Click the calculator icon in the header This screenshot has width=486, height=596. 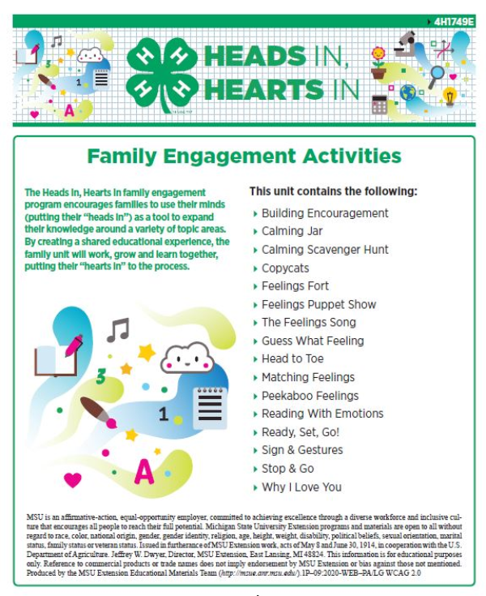tap(379, 104)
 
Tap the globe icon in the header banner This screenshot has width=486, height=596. tap(407, 93)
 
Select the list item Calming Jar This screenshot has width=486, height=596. tap(292, 231)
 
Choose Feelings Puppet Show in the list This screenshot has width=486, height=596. tap(318, 304)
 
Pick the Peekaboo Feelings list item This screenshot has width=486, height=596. tap(309, 396)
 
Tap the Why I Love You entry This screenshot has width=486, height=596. tap(301, 487)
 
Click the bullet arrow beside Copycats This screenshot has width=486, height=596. tap(255, 268)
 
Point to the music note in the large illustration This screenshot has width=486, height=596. tap(117, 329)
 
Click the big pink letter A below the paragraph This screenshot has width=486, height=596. tap(143, 470)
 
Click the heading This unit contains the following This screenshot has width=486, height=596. tap(333, 192)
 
